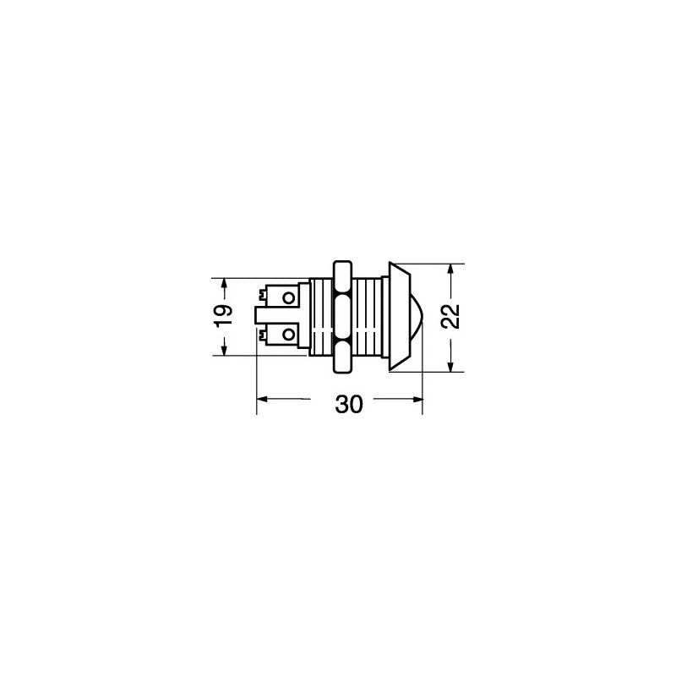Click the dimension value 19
pos(223,316)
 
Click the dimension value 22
pos(451,317)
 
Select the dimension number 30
pos(349,405)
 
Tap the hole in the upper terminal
pos(288,298)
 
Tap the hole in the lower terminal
pos(288,335)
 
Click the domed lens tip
pos(417,317)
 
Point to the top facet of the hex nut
pos(343,276)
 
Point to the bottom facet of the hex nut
pos(343,357)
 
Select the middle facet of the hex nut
pos(343,317)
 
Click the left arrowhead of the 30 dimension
pos(263,399)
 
